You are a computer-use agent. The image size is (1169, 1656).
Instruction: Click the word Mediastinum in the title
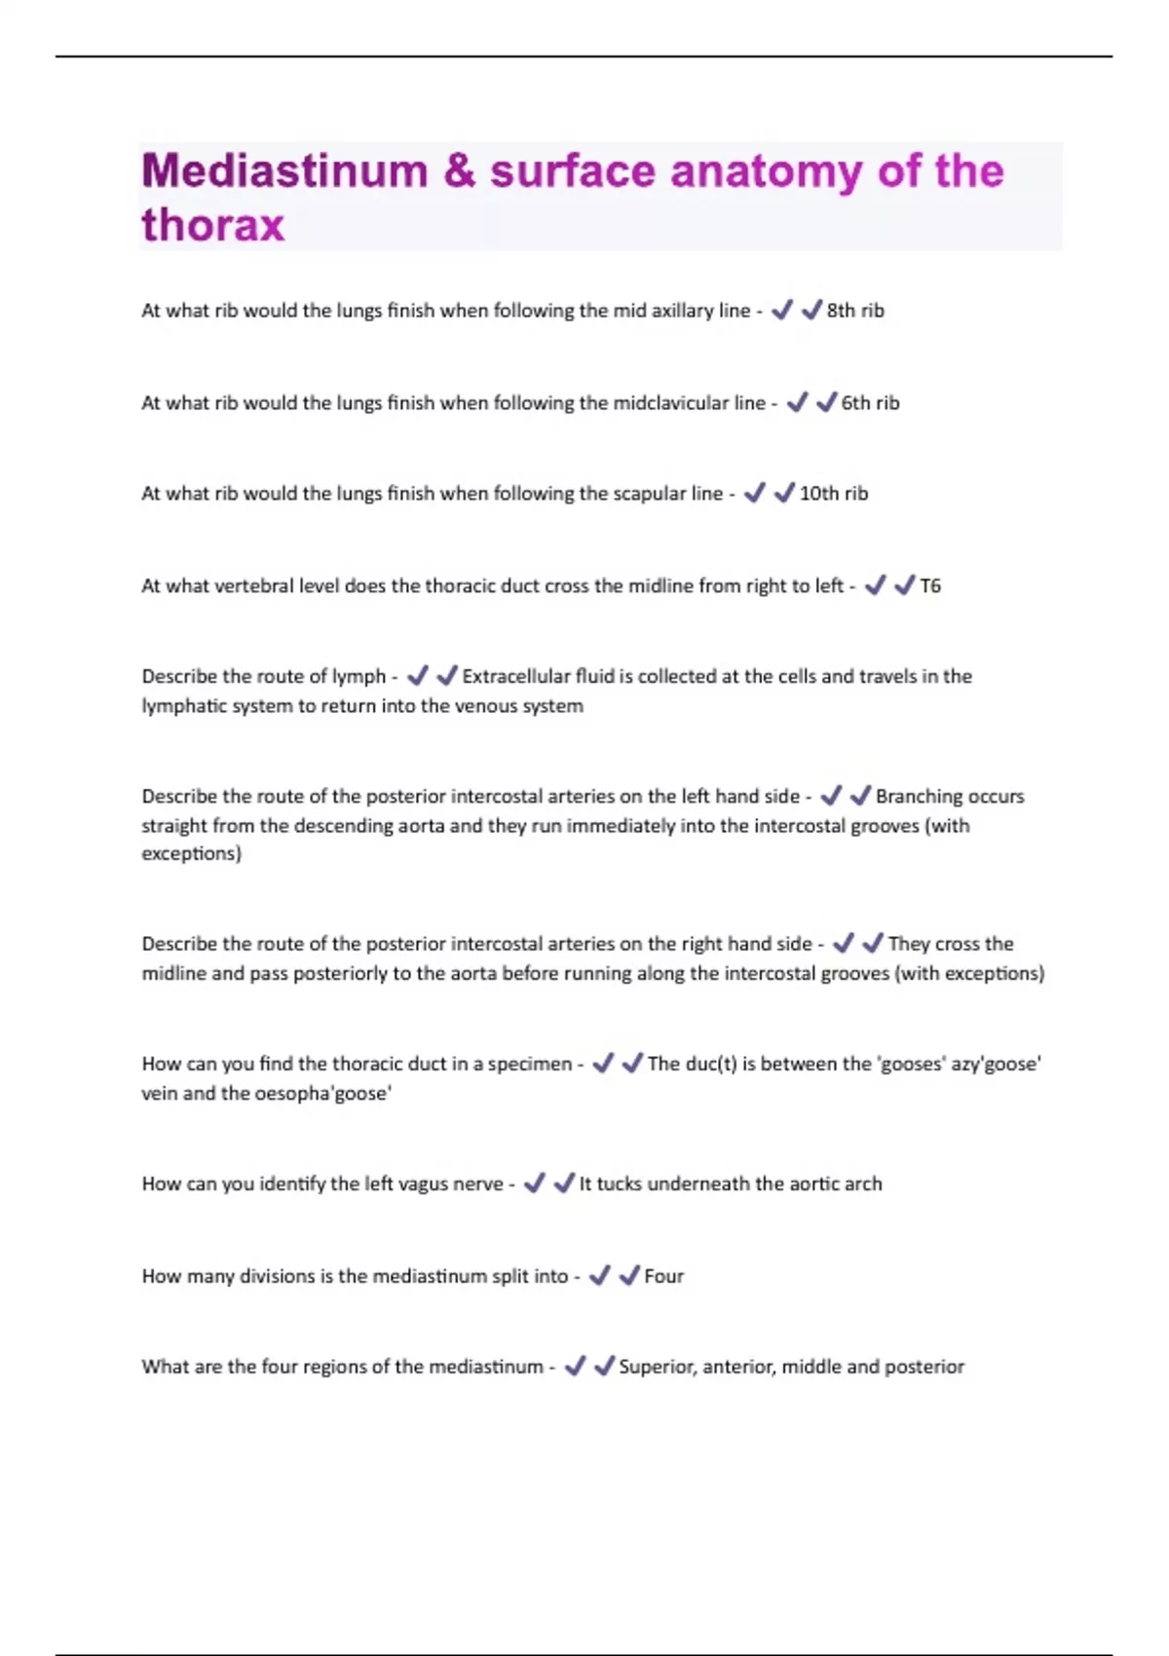click(x=284, y=171)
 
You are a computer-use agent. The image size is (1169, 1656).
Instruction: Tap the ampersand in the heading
click(x=459, y=171)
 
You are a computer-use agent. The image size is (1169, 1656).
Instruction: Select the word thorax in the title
click(x=213, y=225)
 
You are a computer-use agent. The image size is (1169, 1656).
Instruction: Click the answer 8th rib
click(x=855, y=311)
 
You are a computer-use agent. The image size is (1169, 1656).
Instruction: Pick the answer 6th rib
click(x=870, y=403)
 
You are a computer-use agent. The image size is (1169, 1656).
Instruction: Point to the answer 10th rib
click(x=833, y=494)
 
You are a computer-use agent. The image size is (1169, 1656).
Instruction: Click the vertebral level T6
click(x=930, y=586)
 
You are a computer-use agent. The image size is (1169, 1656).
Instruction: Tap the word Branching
click(x=920, y=797)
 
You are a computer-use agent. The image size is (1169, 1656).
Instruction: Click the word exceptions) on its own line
click(x=191, y=854)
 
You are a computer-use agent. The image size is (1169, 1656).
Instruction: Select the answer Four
click(x=663, y=1277)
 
